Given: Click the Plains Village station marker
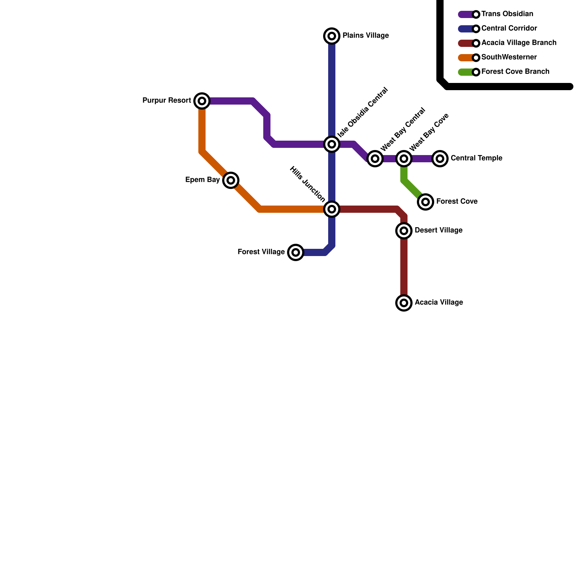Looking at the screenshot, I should point(332,36).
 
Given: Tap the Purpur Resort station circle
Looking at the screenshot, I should point(202,101).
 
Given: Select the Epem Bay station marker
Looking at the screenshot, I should point(231,180).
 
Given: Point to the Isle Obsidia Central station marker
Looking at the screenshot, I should point(332,144).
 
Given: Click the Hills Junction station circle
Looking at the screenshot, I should point(332,209).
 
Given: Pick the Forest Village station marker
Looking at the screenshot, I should point(296,252).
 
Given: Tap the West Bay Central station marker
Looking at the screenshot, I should point(375,158).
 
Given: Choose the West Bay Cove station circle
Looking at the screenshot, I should point(404,158).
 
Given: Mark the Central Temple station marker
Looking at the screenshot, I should point(440,158).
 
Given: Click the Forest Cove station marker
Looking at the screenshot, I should point(426,202).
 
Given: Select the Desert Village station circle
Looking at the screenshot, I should point(404,230).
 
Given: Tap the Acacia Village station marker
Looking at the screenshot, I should point(404,303).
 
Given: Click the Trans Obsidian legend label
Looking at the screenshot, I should point(507,14).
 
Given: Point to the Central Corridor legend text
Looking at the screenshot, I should point(509,28).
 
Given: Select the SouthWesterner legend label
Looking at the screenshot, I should point(509,57).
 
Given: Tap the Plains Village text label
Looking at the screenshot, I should point(365,36).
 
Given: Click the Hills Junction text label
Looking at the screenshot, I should point(308,184).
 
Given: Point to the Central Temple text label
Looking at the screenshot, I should point(476,158).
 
